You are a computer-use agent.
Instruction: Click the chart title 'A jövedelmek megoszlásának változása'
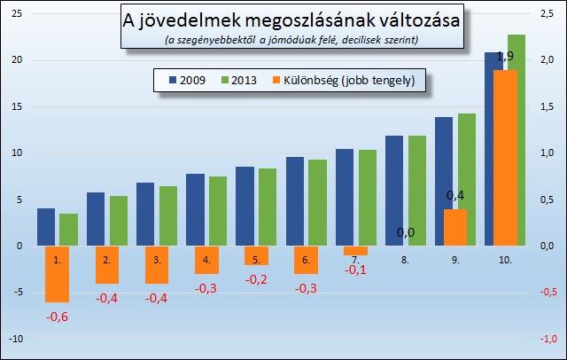click(291, 20)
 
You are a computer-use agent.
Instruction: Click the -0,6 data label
click(57, 317)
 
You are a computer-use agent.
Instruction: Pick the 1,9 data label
click(505, 57)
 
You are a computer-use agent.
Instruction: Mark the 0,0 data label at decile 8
click(405, 233)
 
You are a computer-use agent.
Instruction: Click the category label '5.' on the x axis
click(256, 261)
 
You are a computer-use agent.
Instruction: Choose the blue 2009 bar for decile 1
click(46, 227)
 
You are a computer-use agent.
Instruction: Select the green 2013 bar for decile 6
click(318, 202)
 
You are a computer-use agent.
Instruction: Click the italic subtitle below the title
click(291, 40)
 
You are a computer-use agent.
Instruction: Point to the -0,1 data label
click(355, 270)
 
